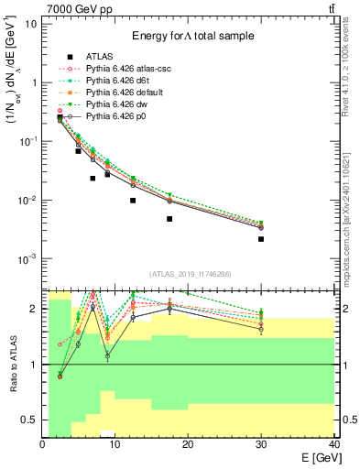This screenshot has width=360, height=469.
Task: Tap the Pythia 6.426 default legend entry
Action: [124, 93]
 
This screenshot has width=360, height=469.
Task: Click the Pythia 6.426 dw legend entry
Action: [115, 104]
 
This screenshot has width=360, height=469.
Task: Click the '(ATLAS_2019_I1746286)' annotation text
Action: [191, 274]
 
